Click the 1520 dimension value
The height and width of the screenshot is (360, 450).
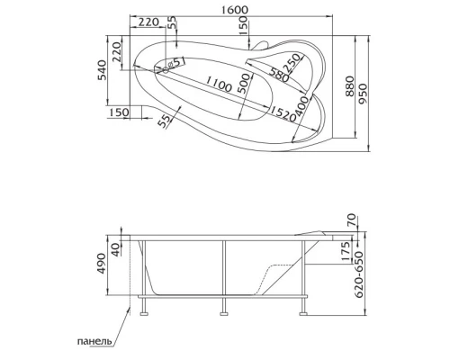(279, 111)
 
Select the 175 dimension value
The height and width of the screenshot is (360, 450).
(346, 249)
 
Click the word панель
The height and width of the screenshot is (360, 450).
(94, 342)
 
